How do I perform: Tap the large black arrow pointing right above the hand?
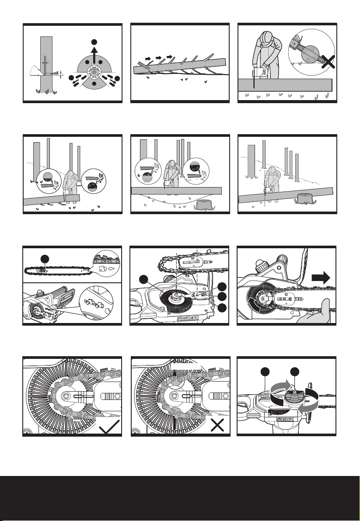point(321,278)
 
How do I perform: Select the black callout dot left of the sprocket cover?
point(143,279)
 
